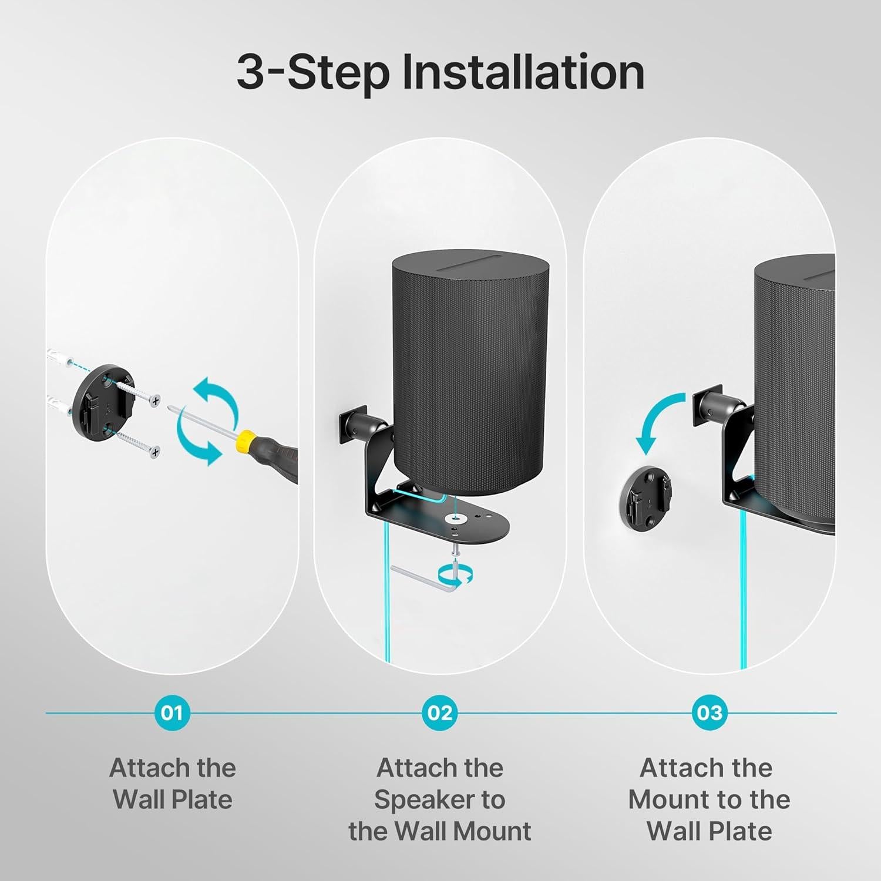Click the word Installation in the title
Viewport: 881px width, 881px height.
click(523, 73)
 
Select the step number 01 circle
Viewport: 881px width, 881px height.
click(172, 712)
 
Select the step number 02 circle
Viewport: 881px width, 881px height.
click(440, 712)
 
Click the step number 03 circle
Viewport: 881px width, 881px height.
click(709, 712)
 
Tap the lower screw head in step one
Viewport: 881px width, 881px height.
click(154, 452)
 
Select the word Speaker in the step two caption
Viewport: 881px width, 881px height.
click(439, 799)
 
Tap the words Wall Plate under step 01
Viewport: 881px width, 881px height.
click(172, 799)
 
